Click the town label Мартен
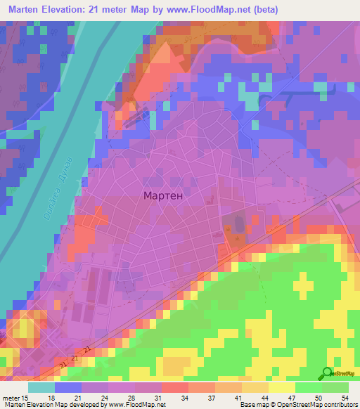[163, 196]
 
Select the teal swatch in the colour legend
[41, 387]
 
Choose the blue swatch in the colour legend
[68, 387]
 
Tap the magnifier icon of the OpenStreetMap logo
[326, 373]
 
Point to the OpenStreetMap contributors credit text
[318, 405]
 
